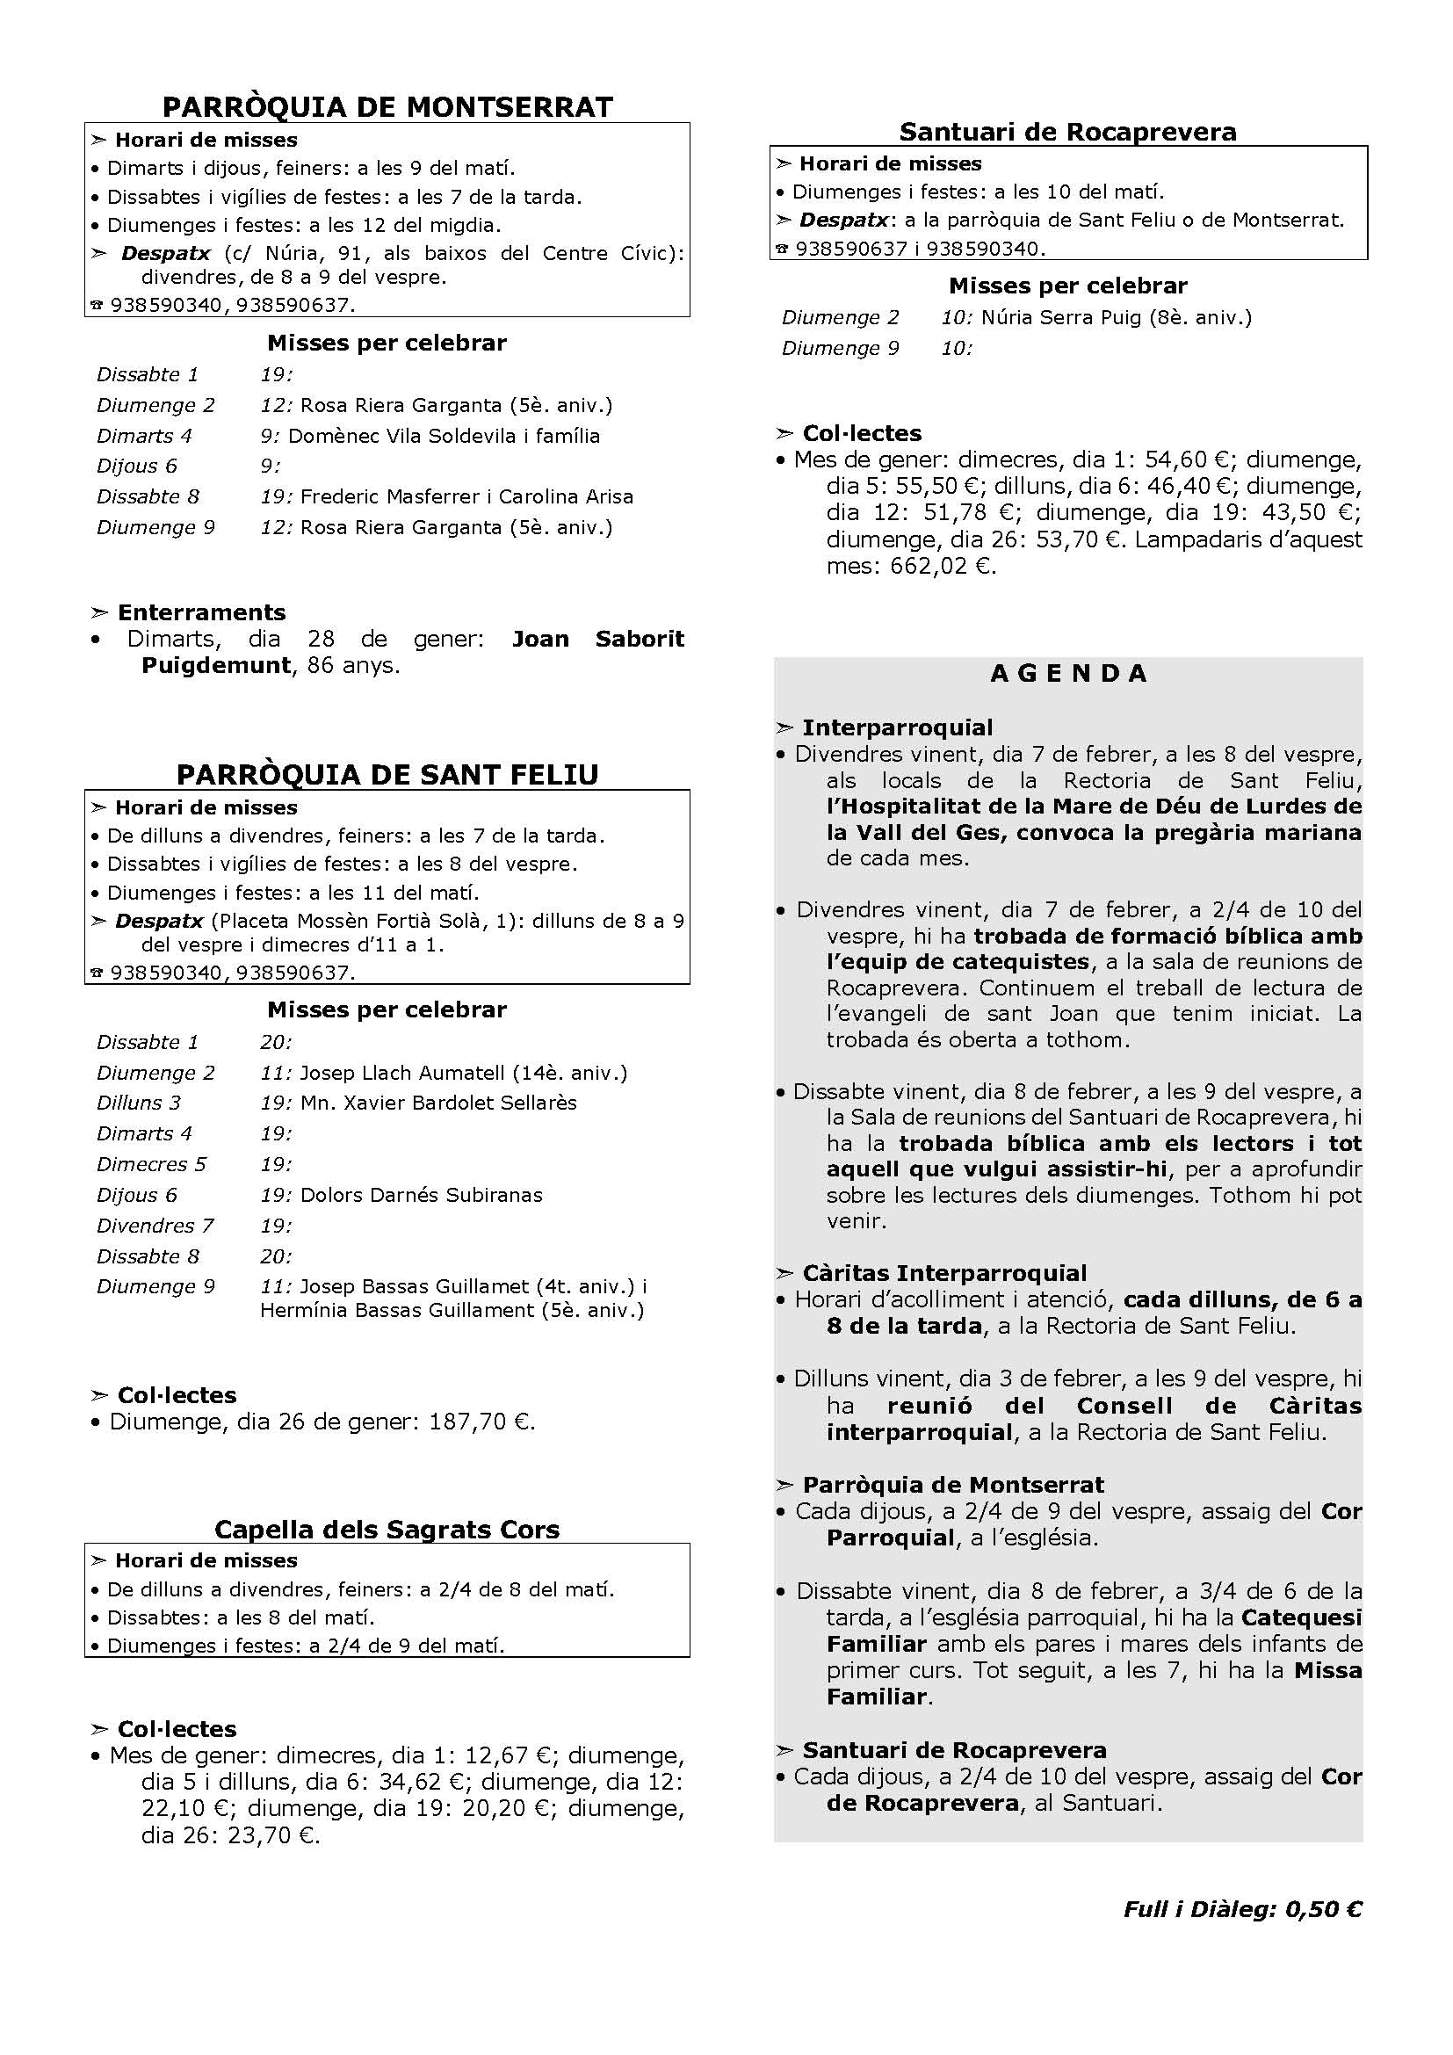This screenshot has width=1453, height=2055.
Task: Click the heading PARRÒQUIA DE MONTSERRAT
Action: click(x=387, y=107)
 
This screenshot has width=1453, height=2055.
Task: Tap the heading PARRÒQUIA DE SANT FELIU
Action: click(x=387, y=774)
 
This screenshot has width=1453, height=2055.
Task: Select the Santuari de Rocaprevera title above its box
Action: click(x=1067, y=133)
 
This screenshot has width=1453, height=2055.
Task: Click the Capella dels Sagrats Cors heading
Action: click(x=387, y=1530)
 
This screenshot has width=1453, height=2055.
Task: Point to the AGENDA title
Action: click(x=1068, y=674)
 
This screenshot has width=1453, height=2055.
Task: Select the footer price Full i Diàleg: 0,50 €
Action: click(x=1242, y=1909)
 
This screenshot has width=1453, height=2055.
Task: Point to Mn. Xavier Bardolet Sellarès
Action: click(x=438, y=1103)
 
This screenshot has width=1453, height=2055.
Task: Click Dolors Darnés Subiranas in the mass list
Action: click(x=422, y=1195)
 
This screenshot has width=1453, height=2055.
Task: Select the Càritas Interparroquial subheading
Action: click(x=943, y=1274)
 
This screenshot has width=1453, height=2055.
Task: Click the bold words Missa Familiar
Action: click(x=1289, y=1684)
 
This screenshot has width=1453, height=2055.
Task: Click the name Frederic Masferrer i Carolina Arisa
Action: click(x=466, y=496)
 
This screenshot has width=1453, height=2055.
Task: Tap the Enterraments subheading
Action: click(x=201, y=612)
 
